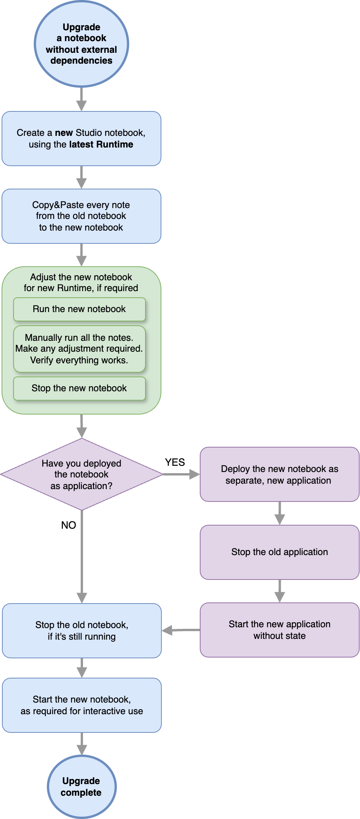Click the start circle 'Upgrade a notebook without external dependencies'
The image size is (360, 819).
coord(81,43)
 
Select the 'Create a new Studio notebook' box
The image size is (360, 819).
coord(81,139)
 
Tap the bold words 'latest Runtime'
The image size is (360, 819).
coord(101,144)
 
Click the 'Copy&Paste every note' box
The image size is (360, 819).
coord(81,216)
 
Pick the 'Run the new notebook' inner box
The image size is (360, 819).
coord(79,309)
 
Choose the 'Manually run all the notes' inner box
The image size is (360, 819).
coord(79,349)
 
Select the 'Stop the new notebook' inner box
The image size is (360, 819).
coord(79,388)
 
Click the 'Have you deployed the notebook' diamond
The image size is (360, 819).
coord(81,474)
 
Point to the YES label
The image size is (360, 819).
coord(175,462)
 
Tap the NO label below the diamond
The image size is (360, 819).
coord(68,525)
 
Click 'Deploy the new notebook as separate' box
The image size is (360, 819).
coord(279,474)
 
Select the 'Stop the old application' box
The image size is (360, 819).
coord(279,552)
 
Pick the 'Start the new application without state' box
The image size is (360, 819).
coord(279,630)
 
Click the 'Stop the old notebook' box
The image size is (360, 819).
coord(81,630)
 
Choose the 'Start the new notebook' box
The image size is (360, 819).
coord(81,705)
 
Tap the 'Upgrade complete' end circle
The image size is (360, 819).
coord(81,786)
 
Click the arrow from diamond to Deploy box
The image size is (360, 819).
coord(181,474)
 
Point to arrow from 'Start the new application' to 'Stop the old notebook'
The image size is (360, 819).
coord(181,630)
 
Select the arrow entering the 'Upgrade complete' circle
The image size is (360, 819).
coord(81,744)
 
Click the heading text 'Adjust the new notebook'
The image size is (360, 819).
coord(81,277)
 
